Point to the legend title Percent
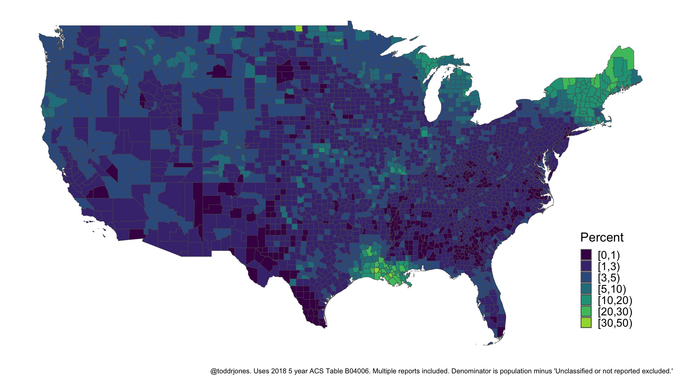coord(602,237)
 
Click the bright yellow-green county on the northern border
coord(299,28)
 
